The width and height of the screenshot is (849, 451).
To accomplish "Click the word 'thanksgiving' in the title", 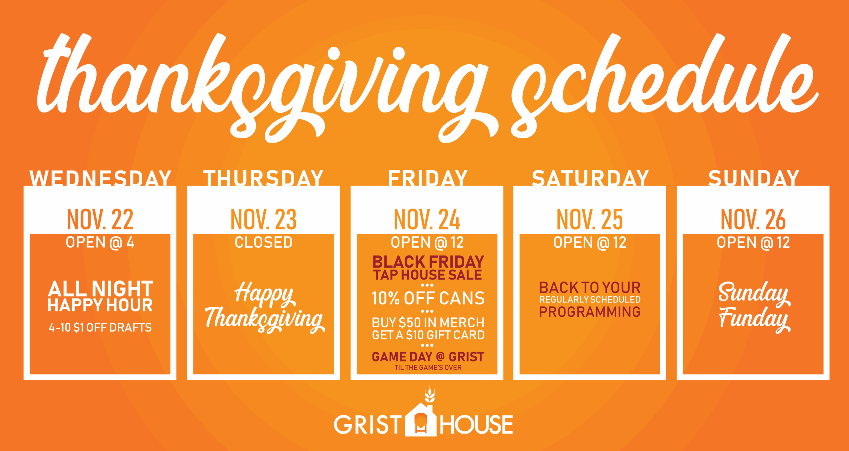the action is coord(262,88).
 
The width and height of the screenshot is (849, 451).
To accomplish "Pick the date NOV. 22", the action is coord(100,219).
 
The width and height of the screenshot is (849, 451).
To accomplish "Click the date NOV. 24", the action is coord(427,219).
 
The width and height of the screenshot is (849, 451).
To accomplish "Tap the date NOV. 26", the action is coord(753,219).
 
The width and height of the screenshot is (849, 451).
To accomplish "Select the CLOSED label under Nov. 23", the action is coord(264,242).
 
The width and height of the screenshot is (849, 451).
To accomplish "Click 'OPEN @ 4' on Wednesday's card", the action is coord(100,243).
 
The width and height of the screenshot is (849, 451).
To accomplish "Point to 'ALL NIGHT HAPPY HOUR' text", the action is coord(100,296).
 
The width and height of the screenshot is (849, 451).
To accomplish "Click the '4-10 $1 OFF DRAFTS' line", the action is coord(100,328).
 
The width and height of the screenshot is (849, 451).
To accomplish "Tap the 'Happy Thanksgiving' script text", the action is coord(265,307).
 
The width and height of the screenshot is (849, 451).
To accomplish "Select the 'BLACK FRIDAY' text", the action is coord(428,262).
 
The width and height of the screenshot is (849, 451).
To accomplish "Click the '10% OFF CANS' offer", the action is coord(428,298).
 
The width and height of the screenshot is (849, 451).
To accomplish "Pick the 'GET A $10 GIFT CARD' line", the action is coord(428,335).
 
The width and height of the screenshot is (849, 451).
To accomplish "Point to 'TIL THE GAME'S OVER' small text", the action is coord(428,367).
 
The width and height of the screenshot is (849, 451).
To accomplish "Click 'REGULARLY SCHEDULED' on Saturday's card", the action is coord(590,300).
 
